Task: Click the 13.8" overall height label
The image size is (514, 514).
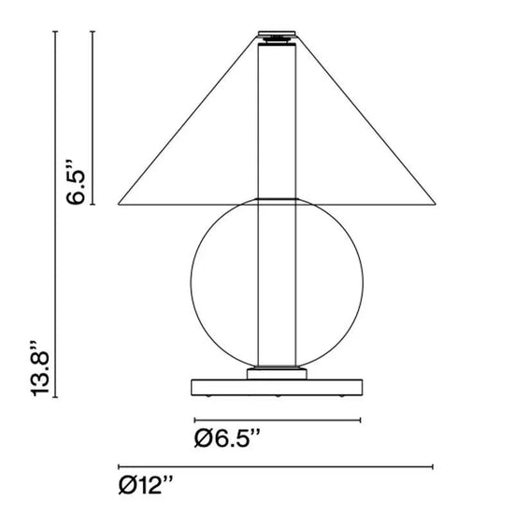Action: (x=39, y=368)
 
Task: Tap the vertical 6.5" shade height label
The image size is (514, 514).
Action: (x=76, y=182)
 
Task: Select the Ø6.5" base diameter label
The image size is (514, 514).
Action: (x=227, y=438)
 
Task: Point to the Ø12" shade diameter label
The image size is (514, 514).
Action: (x=145, y=485)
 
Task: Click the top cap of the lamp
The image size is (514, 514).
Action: (x=277, y=33)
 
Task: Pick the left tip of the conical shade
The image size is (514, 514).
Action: (x=119, y=205)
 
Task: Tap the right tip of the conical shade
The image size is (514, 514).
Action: (x=435, y=205)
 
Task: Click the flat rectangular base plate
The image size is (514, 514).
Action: (x=277, y=387)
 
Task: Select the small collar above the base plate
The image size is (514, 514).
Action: (x=277, y=374)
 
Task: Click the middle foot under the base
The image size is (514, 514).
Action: (x=278, y=396)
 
